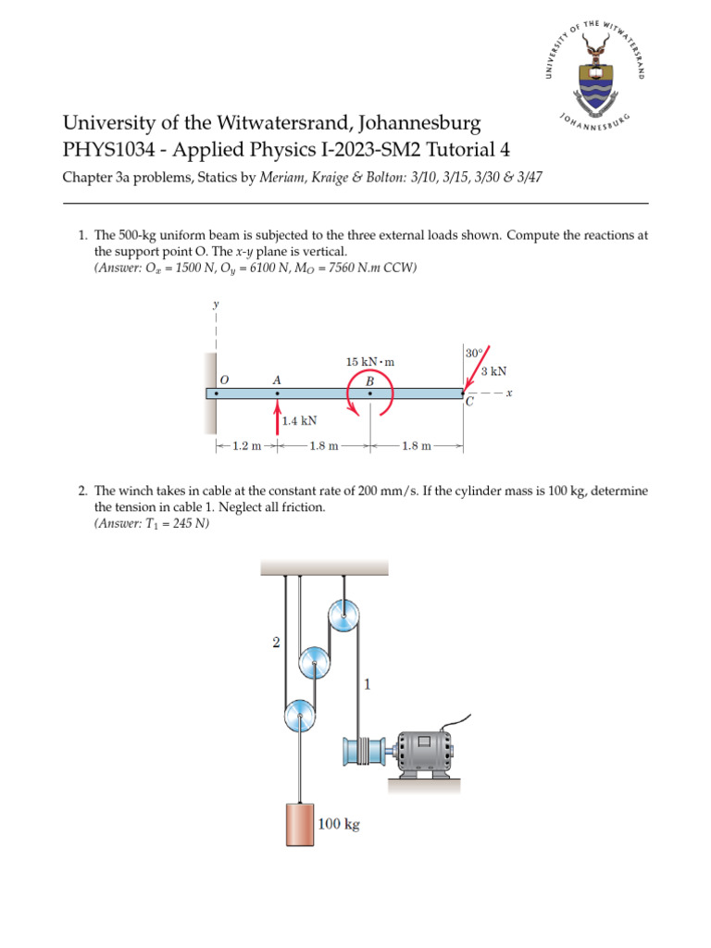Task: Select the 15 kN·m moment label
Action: click(369, 362)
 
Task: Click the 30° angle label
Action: click(473, 353)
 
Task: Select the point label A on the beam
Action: click(276, 380)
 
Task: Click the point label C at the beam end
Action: click(469, 402)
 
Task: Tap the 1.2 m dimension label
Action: click(246, 445)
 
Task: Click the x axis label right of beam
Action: click(509, 393)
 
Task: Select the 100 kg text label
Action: click(339, 823)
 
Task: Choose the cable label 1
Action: click(368, 686)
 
